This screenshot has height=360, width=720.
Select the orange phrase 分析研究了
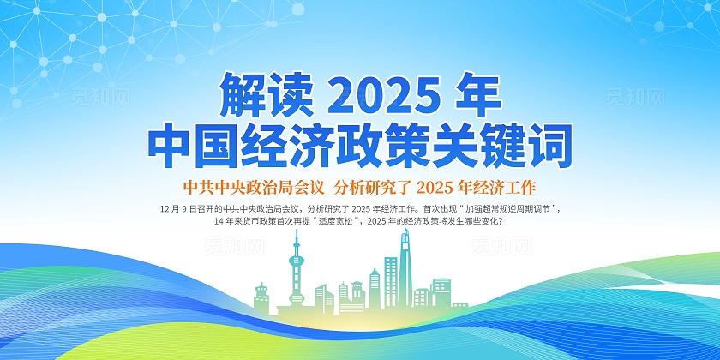click(374, 186)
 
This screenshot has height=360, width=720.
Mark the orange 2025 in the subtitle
click(444, 186)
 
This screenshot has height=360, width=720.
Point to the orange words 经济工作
click(511, 186)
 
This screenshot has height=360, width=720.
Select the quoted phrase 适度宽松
click(336, 221)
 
